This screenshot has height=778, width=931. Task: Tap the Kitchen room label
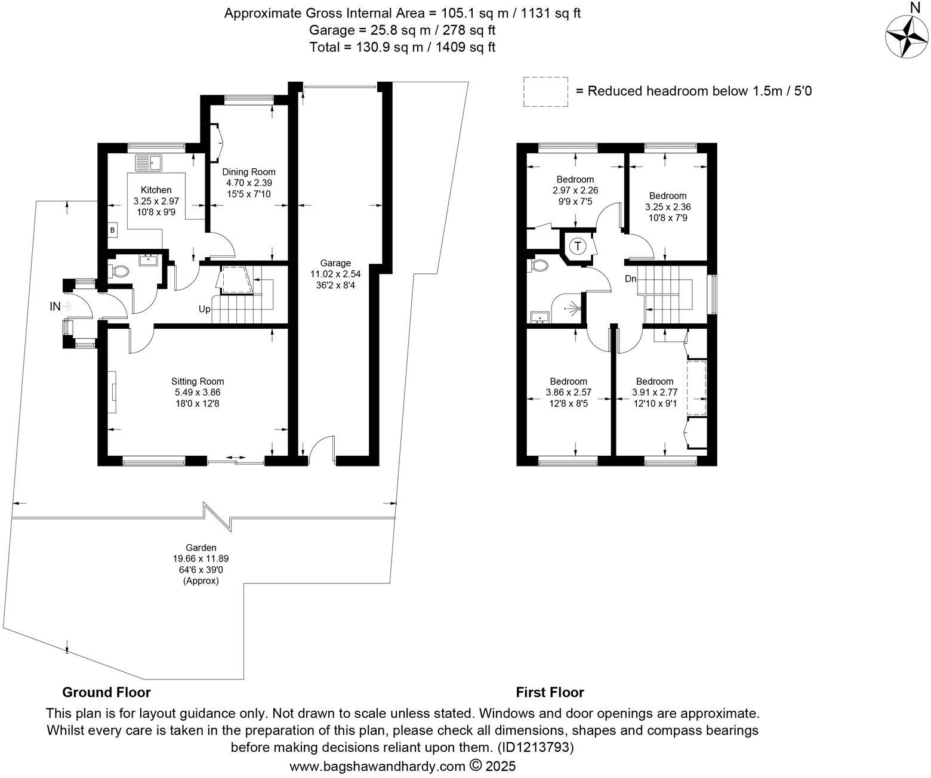tap(156, 190)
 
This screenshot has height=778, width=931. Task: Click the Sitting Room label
tap(198, 381)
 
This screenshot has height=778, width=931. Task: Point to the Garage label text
tap(335, 263)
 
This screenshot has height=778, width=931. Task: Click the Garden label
tap(201, 547)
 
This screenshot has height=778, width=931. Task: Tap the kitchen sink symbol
tap(149, 162)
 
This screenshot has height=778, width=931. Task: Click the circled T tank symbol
tap(578, 246)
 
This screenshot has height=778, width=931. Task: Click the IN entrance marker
tap(55, 307)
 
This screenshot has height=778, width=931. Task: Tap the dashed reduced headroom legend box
tap(545, 92)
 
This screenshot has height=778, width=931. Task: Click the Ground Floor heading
tap(106, 692)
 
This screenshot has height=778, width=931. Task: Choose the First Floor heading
tap(550, 692)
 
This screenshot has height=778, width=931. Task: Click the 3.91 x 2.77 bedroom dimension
tap(655, 393)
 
